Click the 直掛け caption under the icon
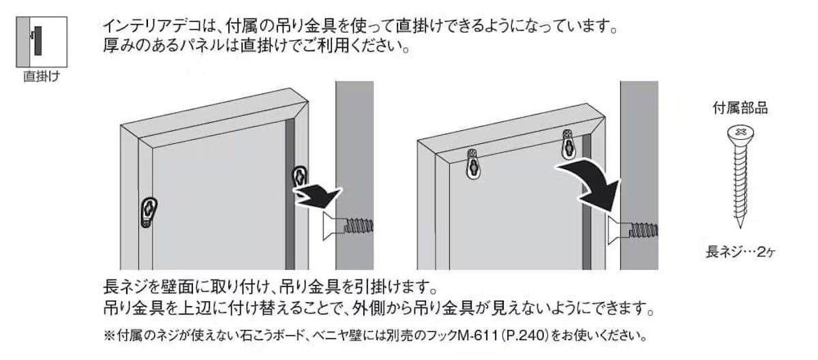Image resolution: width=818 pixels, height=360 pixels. (42, 76)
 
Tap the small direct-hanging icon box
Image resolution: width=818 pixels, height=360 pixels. (42, 42)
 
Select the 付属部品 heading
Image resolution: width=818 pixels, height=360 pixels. (740, 108)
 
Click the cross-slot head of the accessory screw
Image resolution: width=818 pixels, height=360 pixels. (740, 134)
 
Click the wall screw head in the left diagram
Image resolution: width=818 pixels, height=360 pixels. (333, 227)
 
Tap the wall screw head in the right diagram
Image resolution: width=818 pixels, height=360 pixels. (618, 230)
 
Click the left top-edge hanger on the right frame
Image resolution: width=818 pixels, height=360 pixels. (473, 164)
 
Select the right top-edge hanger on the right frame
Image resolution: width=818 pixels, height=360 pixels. (568, 145)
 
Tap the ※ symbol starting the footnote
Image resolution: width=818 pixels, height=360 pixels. (110, 335)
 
